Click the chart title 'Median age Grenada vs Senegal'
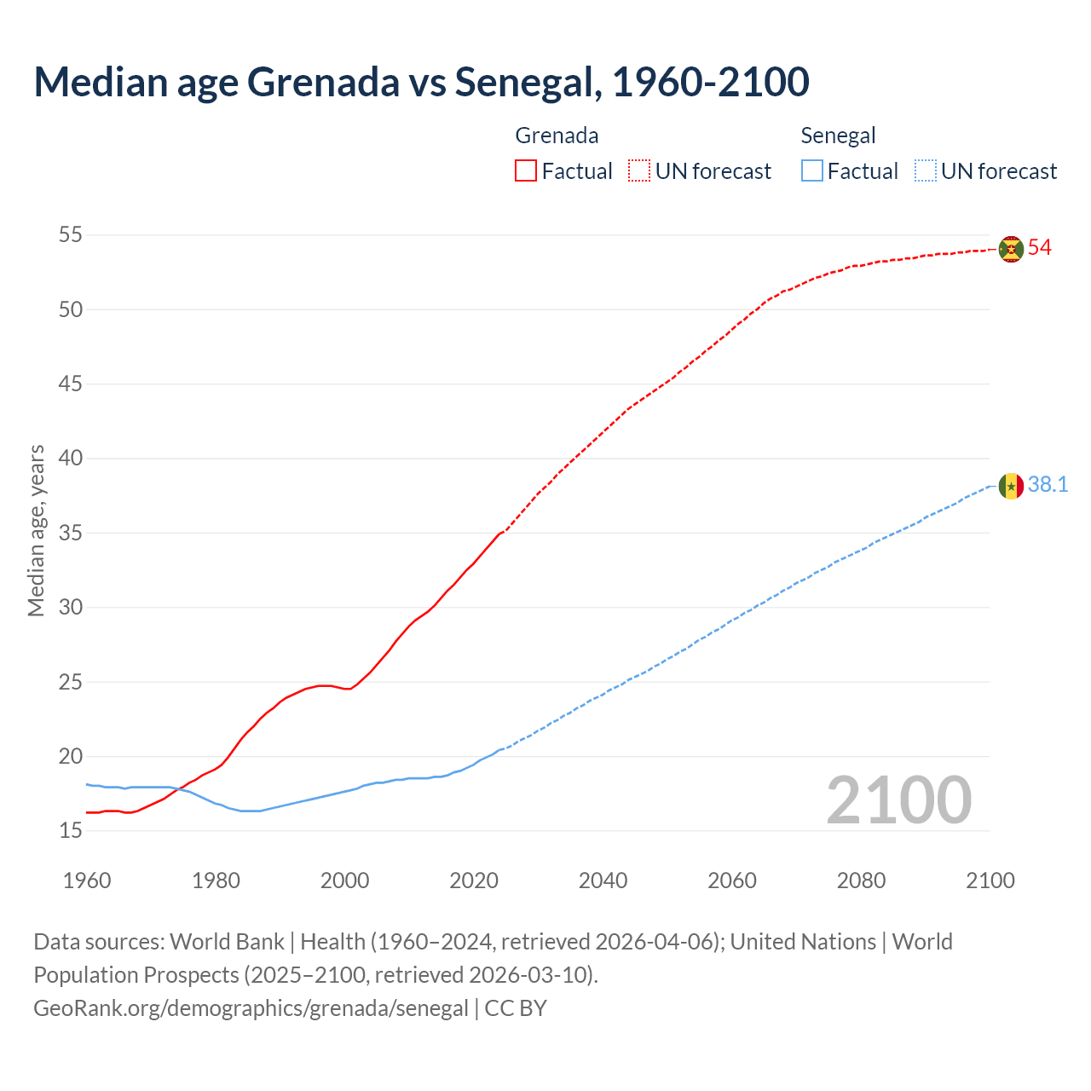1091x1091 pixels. (x=421, y=82)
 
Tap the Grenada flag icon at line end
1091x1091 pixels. (x=1011, y=248)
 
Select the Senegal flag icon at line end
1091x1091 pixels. (x=1011, y=486)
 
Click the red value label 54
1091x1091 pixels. (x=1040, y=248)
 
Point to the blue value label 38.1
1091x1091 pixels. (x=1048, y=485)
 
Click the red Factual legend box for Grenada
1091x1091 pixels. (x=526, y=171)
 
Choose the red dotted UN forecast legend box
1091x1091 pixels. (x=639, y=171)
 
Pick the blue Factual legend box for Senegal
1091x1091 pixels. (x=812, y=171)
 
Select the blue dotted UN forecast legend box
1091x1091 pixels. (x=925, y=171)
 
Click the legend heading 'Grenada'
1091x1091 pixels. (x=557, y=136)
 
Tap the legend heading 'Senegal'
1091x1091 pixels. (x=838, y=136)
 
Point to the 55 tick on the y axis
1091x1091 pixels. (x=71, y=234)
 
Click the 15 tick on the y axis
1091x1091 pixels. (x=71, y=830)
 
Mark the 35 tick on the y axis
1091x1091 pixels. (x=71, y=533)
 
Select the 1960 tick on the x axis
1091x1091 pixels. (x=87, y=880)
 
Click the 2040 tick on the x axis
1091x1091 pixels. (x=603, y=880)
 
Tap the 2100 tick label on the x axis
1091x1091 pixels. (x=990, y=880)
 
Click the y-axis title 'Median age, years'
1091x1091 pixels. (x=36, y=530)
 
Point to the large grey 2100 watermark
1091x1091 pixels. (x=898, y=799)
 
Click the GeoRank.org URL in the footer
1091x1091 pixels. (x=251, y=1008)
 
